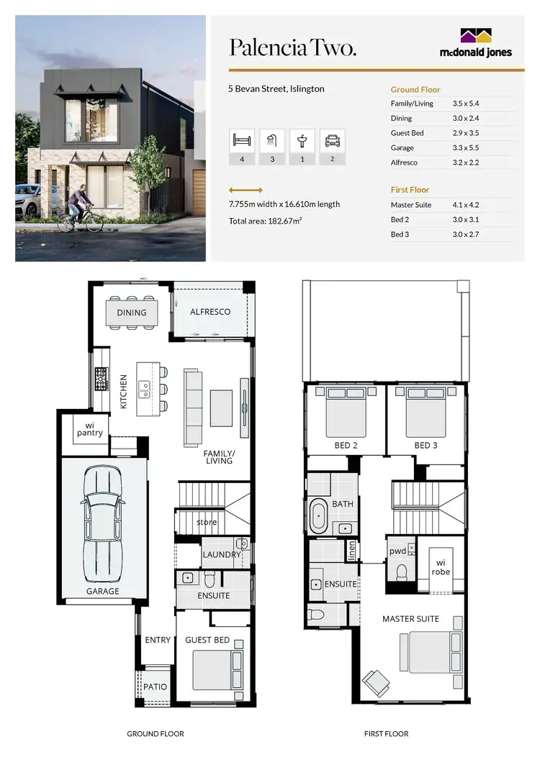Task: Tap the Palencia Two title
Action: tap(292, 47)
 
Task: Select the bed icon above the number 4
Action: tap(242, 140)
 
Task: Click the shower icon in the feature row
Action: tap(271, 140)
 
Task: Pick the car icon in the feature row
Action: tap(332, 140)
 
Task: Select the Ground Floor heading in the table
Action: tap(415, 90)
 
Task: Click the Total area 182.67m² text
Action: tap(265, 221)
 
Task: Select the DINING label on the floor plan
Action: tap(132, 313)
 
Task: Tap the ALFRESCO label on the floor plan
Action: tap(210, 312)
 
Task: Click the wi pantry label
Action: tap(90, 429)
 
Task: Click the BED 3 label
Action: tap(426, 446)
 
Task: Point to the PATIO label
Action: tap(156, 687)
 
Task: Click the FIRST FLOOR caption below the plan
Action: tap(387, 734)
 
